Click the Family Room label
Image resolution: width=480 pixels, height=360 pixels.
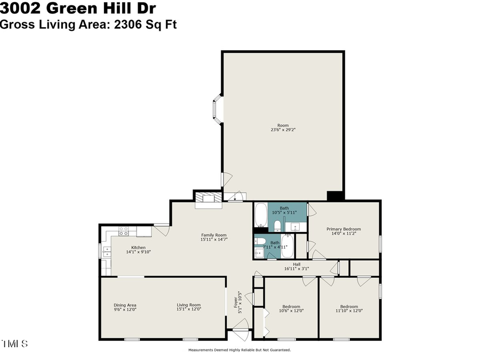pyautogui.click(x=213, y=235)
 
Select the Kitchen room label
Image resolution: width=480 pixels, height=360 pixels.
pyautogui.click(x=139, y=247)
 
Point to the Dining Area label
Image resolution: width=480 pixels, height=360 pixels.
pyautogui.click(x=125, y=305)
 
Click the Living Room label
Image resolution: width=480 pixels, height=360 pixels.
pyautogui.click(x=189, y=305)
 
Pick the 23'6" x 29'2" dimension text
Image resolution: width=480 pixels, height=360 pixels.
pyautogui.click(x=283, y=130)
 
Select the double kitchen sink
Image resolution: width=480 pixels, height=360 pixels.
pyautogui.click(x=107, y=252)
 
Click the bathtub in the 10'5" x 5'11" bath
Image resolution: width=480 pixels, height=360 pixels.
pyautogui.click(x=261, y=216)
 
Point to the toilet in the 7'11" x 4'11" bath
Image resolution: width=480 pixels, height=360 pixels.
pyautogui.click(x=260, y=253)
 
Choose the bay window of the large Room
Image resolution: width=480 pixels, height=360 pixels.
pyautogui.click(x=218, y=110)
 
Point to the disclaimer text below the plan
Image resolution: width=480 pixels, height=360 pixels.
pyautogui.click(x=239, y=350)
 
